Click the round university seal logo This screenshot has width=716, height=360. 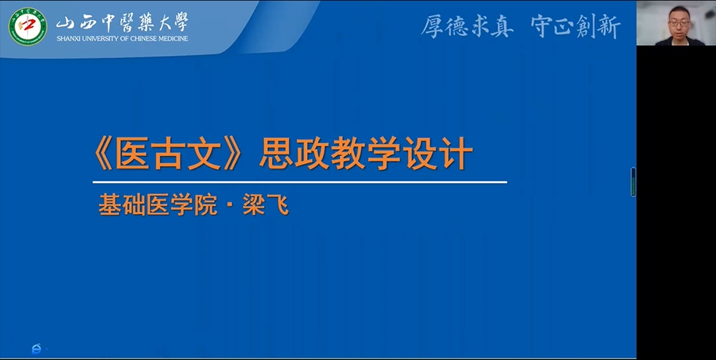click(x=28, y=26)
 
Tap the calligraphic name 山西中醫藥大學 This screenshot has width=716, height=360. click(x=122, y=22)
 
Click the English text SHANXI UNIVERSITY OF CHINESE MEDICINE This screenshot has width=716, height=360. click(x=122, y=39)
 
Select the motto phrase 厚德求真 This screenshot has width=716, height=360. click(x=467, y=26)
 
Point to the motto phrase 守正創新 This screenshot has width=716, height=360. click(x=576, y=26)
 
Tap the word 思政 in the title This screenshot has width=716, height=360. click(x=294, y=153)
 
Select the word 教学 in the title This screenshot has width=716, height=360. click(x=366, y=153)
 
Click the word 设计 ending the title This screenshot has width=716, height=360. click(x=437, y=153)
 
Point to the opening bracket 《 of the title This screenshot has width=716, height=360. click(x=103, y=153)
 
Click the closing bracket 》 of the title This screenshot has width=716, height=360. click(x=233, y=153)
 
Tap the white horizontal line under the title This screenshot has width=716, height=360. click(x=299, y=182)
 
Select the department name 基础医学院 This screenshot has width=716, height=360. click(x=158, y=205)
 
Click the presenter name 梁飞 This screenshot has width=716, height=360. click(x=266, y=205)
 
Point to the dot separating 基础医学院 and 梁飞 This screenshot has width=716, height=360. click(x=230, y=205)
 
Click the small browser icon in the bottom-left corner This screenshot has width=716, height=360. click(x=37, y=349)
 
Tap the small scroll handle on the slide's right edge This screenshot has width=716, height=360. click(x=634, y=182)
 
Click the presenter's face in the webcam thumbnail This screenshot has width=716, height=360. click(x=679, y=23)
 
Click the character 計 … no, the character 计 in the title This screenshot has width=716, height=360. click(x=455, y=153)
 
